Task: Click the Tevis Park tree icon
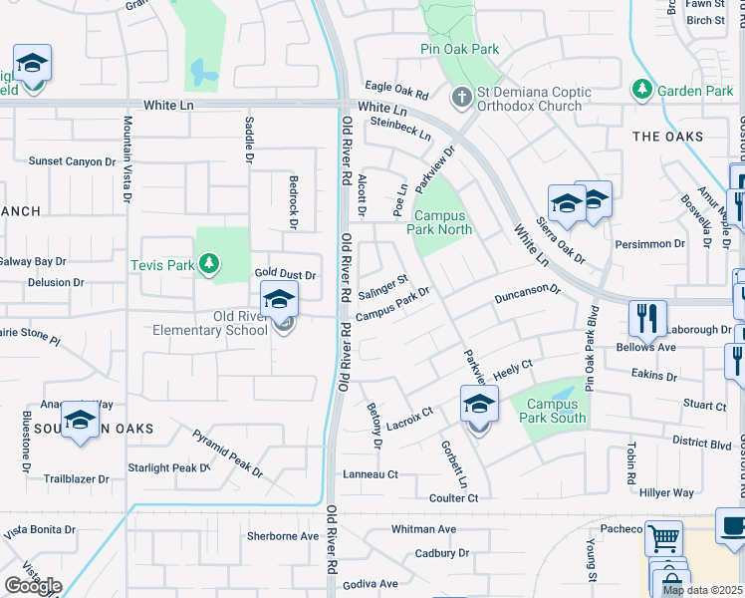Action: [208, 264]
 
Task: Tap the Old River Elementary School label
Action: [210, 323]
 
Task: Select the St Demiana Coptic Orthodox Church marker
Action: [460, 98]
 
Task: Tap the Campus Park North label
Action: [439, 222]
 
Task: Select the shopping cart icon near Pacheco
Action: [663, 539]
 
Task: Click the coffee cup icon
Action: [733, 526]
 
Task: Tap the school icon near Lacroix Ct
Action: [479, 405]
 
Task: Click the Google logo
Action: [32, 586]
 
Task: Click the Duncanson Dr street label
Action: [528, 295]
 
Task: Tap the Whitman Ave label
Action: [423, 529]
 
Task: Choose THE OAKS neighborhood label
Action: [667, 137]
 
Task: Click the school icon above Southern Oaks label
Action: [80, 419]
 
